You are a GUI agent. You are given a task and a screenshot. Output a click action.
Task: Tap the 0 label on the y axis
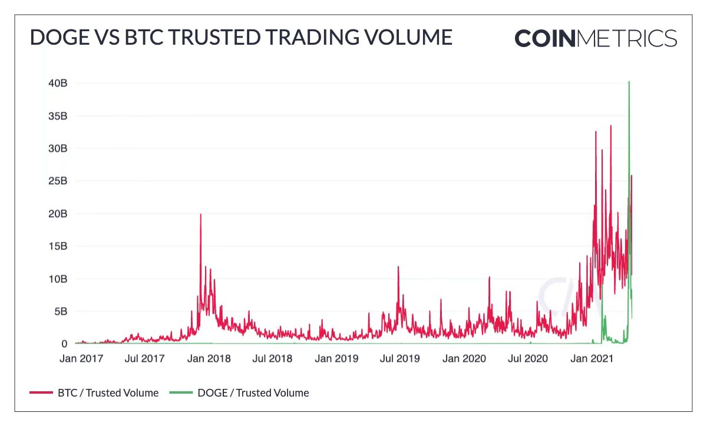(x=64, y=344)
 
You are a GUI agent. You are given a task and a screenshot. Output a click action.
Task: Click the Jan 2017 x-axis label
(x=83, y=358)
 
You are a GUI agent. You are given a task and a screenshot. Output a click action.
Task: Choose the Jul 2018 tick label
(x=272, y=358)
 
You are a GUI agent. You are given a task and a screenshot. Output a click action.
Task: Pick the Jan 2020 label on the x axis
(x=464, y=358)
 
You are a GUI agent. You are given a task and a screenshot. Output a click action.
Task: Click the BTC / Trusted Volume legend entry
(x=108, y=393)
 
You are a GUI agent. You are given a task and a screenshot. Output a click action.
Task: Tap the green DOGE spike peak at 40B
(x=629, y=82)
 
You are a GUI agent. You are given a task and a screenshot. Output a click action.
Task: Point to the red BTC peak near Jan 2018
(x=200, y=215)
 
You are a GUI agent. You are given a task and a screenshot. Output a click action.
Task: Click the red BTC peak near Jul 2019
(x=398, y=267)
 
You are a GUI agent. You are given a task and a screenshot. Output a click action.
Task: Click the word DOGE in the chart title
(x=55, y=38)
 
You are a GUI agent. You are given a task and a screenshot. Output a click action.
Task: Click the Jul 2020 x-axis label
(x=528, y=358)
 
